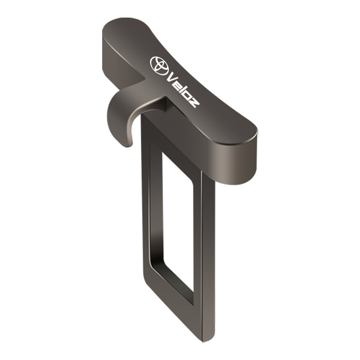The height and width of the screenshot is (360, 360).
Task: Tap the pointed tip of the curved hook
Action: [x=129, y=145]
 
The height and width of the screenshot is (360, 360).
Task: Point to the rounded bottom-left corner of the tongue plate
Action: [x=147, y=279]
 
